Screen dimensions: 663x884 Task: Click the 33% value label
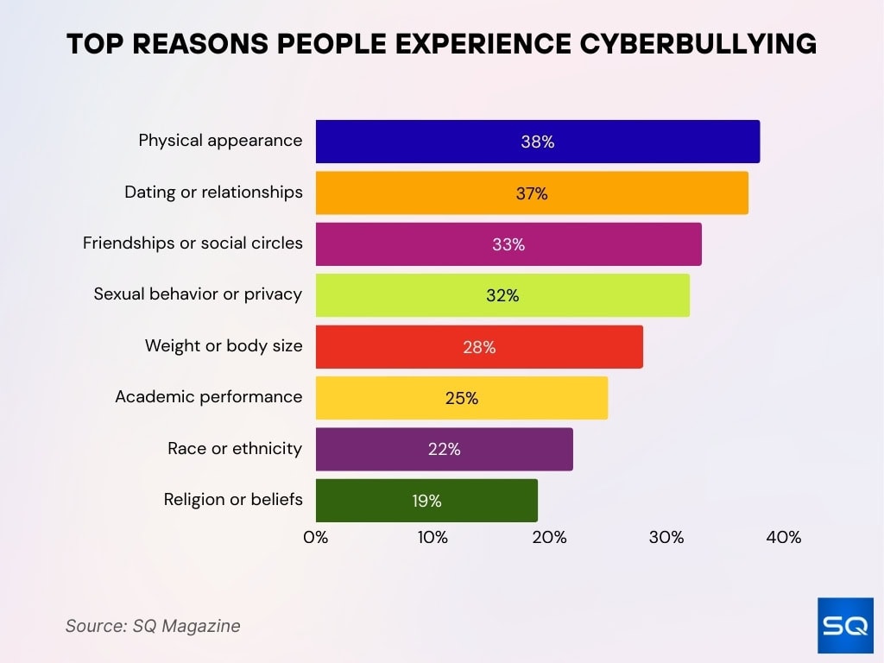(508, 244)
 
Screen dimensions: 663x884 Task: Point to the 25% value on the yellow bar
(462, 398)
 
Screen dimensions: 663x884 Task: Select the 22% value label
(444, 449)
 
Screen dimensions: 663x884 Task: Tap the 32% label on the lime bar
(502, 296)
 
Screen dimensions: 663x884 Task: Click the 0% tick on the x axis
(316, 537)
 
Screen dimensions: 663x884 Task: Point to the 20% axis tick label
(549, 537)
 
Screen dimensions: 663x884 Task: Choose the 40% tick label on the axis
(783, 537)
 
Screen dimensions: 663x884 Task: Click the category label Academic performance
(209, 397)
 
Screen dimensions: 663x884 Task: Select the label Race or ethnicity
(235, 448)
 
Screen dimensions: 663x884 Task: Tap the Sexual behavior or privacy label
(198, 294)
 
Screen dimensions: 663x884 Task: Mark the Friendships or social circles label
(193, 243)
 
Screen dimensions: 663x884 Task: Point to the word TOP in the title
(97, 44)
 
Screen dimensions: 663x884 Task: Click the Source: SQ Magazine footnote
(153, 626)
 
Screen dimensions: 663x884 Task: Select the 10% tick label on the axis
(433, 537)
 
